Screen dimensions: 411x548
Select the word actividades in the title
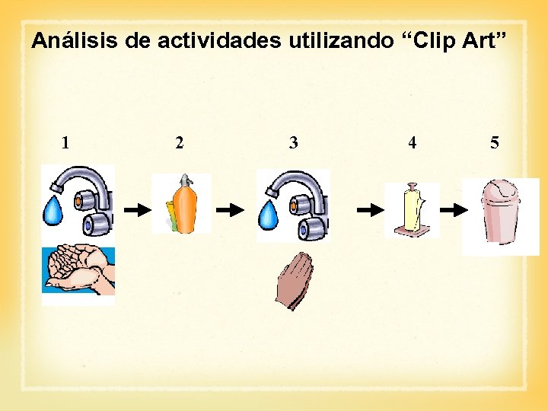click(220, 41)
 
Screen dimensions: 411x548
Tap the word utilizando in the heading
click(341, 41)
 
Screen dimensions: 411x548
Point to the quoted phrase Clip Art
click(456, 41)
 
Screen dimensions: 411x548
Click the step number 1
click(66, 142)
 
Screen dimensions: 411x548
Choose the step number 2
click(179, 142)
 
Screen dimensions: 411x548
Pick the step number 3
click(294, 142)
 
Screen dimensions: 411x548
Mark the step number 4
click(412, 142)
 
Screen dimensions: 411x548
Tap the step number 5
click(495, 142)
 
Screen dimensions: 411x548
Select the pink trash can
click(499, 216)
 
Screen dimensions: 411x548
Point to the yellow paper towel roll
click(412, 209)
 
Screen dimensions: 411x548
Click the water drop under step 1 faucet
click(53, 211)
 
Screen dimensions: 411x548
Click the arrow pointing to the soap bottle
click(138, 209)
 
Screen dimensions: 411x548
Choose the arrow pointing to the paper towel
click(371, 209)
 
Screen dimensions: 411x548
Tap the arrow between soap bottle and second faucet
click(229, 209)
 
